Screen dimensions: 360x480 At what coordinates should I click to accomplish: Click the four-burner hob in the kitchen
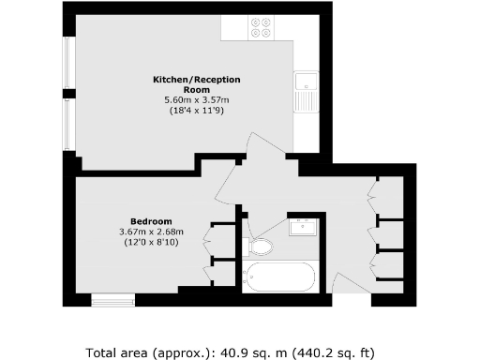click(262, 28)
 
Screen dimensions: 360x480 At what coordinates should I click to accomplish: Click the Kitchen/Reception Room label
click(195, 85)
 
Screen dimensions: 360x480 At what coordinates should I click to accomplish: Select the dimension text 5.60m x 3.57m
click(195, 100)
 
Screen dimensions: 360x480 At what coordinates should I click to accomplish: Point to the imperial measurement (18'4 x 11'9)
click(195, 111)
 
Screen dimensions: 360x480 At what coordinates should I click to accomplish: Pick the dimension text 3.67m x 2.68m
click(151, 232)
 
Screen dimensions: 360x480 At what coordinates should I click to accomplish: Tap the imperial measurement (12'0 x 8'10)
click(151, 243)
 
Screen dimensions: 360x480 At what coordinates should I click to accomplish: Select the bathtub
click(279, 277)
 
